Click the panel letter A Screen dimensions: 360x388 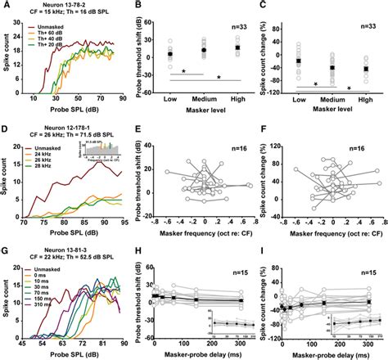6,5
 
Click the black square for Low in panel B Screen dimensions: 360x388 169,55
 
